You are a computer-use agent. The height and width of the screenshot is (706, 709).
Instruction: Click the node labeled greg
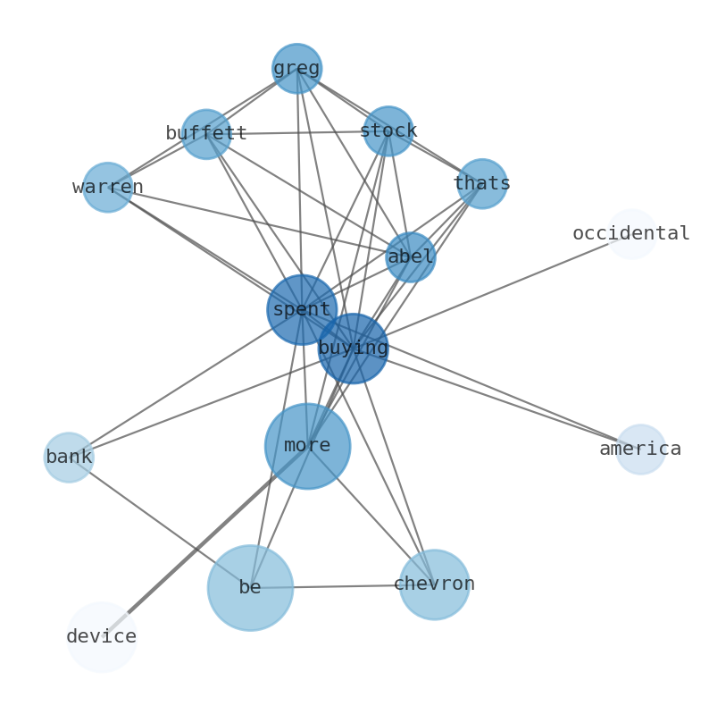coord(296,69)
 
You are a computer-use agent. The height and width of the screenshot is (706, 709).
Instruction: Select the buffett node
coord(206,134)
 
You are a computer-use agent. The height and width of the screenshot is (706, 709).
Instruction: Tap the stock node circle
coord(388,131)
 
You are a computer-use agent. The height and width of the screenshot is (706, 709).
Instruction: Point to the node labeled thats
coord(482,184)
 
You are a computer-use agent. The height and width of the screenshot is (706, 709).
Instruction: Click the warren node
coord(107,188)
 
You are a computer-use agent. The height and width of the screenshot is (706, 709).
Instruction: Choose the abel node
coord(411,257)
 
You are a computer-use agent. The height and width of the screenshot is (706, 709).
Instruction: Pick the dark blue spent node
coord(302,309)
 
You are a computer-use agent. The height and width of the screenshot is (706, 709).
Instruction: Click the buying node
coord(354,349)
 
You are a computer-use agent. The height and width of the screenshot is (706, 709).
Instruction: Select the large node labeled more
coord(307,446)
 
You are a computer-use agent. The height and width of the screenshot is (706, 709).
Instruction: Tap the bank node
coord(69,458)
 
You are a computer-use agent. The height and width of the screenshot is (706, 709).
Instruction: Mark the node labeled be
coord(250,588)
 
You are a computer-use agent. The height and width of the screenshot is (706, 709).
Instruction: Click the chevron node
coord(434,584)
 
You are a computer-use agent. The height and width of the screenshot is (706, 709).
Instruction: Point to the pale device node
coord(101,637)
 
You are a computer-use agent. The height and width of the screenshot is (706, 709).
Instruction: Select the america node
coord(640,450)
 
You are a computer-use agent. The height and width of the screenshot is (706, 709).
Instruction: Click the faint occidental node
coord(631,234)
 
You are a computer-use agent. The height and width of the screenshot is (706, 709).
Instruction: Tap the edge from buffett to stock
coord(297,133)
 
